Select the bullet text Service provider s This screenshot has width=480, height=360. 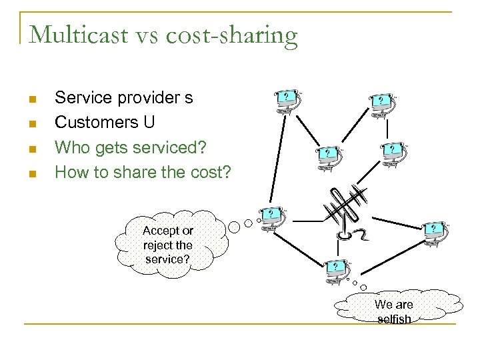click(124, 98)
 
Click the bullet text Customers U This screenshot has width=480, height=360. click(105, 123)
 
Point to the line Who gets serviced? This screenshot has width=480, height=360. click(131, 147)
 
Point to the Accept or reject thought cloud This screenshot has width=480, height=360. click(168, 243)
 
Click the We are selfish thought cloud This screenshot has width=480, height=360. click(394, 309)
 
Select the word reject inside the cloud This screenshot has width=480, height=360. click(157, 245)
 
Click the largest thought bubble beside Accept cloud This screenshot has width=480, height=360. click(234, 225)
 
